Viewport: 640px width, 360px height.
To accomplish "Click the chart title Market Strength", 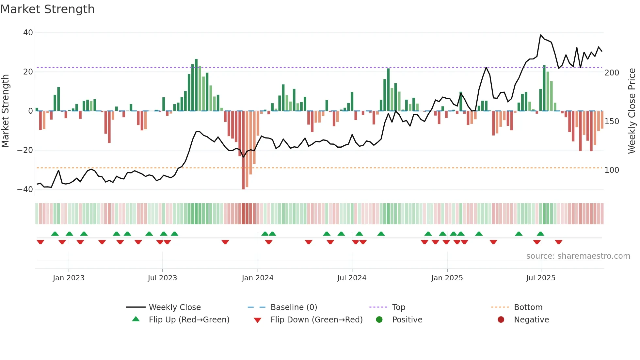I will (x=47, y=9).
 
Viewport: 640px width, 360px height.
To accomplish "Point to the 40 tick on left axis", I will (x=28, y=33).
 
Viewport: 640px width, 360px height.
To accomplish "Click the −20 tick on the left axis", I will (x=25, y=150).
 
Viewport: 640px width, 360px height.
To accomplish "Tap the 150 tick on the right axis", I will (x=612, y=122).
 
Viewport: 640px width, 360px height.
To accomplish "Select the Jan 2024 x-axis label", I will (x=257, y=278).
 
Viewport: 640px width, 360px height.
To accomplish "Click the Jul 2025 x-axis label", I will (x=540, y=278).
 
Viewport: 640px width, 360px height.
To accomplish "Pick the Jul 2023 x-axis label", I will (x=162, y=278).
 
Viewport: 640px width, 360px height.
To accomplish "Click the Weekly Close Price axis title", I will (x=632, y=111).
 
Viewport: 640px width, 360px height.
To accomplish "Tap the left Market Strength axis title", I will (x=6, y=111).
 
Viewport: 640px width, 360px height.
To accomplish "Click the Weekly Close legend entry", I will (x=174, y=307).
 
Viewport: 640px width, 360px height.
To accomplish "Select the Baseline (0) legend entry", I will (x=294, y=307).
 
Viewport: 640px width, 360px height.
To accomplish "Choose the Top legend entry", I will (x=398, y=307).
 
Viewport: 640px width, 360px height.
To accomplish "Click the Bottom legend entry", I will (x=528, y=307).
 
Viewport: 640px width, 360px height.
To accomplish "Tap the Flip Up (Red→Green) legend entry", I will (x=189, y=320).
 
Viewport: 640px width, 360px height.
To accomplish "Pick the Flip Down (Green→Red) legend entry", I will (x=316, y=320).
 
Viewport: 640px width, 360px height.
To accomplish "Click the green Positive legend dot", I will (x=379, y=320).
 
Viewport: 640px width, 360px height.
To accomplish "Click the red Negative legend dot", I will (x=501, y=320).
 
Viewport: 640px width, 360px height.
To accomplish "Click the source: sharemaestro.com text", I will (x=578, y=256).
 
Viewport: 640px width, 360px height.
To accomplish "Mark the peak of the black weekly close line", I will (x=541, y=35).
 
